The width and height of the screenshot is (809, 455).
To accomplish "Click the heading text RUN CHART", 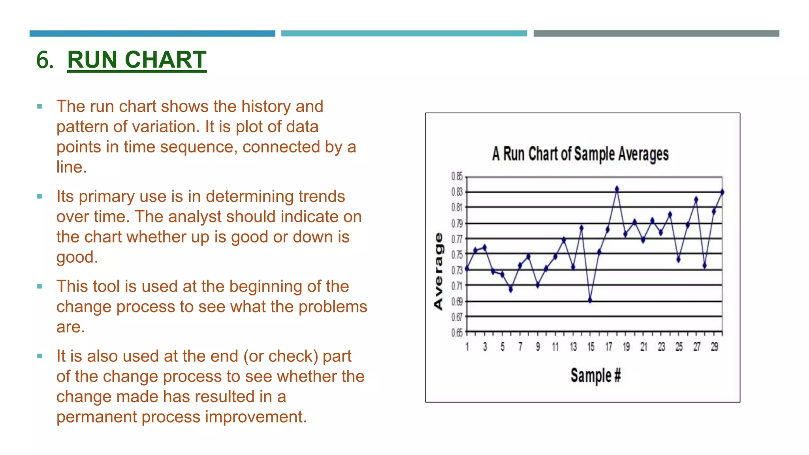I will [137, 60].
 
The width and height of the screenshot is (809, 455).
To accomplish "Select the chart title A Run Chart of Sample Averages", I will [580, 154].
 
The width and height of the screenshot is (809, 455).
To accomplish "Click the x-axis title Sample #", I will [595, 375].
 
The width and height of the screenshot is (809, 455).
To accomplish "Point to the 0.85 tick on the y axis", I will [457, 176].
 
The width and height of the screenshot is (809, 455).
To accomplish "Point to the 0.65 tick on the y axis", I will [457, 333].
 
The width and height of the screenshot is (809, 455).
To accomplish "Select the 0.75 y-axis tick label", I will [457, 255].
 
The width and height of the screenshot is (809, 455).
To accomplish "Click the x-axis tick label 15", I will [591, 347].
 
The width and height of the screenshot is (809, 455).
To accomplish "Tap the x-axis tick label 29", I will [714, 347].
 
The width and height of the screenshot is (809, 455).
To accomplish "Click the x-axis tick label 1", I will [467, 347].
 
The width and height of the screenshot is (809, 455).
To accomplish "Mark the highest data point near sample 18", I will [617, 189].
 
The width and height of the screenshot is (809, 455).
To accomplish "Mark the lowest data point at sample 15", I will [590, 300].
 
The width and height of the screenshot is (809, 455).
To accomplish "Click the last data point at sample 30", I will [722, 192].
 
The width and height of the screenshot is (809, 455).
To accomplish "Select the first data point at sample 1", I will [467, 269].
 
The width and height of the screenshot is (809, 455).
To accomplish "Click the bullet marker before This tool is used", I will [40, 286].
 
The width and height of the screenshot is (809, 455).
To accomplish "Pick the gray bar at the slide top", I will [656, 34].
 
